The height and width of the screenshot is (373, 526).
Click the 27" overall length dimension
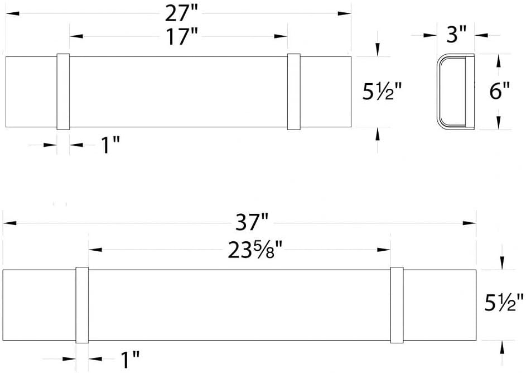tap(180, 12)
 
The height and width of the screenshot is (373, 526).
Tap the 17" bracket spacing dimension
tap(182, 37)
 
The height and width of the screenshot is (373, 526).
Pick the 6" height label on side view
tap(499, 91)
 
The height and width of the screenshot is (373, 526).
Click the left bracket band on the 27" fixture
tap(63, 92)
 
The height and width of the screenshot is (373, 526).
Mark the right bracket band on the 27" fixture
tap(293, 92)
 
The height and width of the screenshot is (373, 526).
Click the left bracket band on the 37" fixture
tap(82, 305)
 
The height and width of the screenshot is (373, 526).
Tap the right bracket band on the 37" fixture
tap(397, 305)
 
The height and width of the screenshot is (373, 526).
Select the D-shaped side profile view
tap(455, 92)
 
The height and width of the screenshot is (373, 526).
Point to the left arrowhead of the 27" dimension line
tap(10, 12)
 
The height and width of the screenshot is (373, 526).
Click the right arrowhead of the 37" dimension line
tap(471, 223)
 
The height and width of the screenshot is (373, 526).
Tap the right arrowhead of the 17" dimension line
tap(282, 37)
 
